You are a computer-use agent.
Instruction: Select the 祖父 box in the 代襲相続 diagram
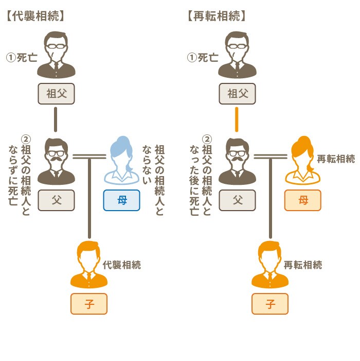click(x=57, y=94)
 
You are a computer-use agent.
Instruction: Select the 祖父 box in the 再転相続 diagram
click(x=237, y=94)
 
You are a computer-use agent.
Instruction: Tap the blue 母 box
click(x=121, y=200)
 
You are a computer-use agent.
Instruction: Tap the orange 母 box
click(x=302, y=200)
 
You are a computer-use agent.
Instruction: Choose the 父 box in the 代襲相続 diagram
click(x=57, y=200)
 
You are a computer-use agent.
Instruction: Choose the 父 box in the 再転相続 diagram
click(x=237, y=200)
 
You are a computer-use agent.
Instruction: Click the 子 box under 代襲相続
click(x=89, y=303)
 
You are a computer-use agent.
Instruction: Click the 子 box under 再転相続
click(x=270, y=303)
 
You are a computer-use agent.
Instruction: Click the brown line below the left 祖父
click(x=56, y=119)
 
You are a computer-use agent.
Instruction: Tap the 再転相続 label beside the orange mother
click(x=336, y=159)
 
